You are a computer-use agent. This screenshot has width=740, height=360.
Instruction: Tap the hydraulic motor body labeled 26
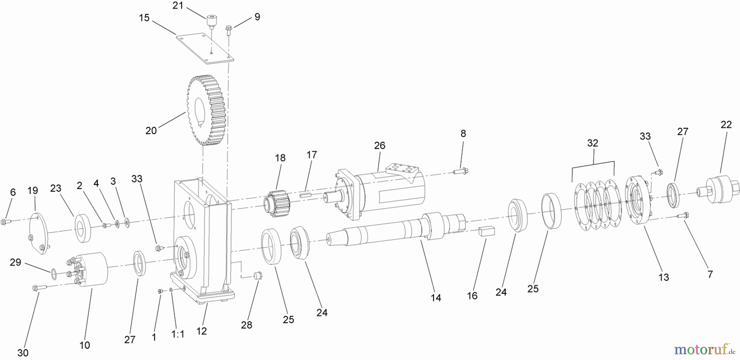[382, 191]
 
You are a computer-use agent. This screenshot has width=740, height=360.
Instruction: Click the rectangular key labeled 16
[487, 231]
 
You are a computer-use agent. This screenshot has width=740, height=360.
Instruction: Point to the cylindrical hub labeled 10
[91, 269]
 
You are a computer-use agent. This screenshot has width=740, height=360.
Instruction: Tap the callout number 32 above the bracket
[592, 143]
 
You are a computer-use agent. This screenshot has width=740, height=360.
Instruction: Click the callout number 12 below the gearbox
[201, 331]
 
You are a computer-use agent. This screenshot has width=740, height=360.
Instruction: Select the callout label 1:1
[178, 334]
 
